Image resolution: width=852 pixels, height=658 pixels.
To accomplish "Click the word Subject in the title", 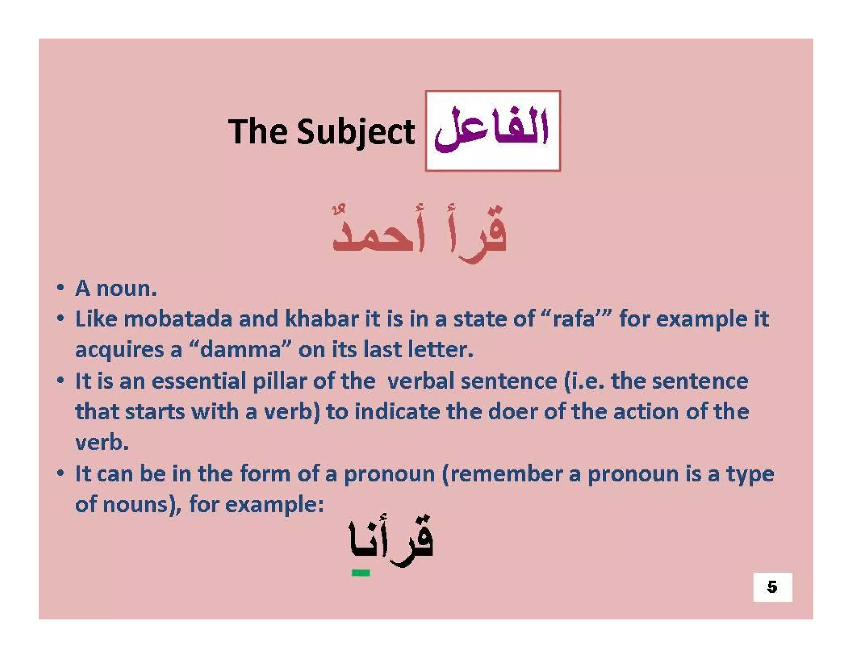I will (356, 131).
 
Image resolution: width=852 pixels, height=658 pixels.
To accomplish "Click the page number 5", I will (772, 587).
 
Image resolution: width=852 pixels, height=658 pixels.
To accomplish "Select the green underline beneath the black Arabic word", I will (361, 573).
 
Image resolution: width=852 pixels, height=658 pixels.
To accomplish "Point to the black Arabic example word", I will (391, 541).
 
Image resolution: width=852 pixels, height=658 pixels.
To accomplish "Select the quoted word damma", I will (240, 350).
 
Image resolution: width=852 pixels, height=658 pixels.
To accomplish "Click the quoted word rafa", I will (574, 319).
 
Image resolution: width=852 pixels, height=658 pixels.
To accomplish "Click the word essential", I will (199, 381).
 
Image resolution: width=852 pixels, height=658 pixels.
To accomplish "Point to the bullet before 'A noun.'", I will (61, 288).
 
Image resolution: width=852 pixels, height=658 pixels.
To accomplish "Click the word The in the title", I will (258, 131).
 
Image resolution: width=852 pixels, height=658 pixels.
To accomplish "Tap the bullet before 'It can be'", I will (61, 473).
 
